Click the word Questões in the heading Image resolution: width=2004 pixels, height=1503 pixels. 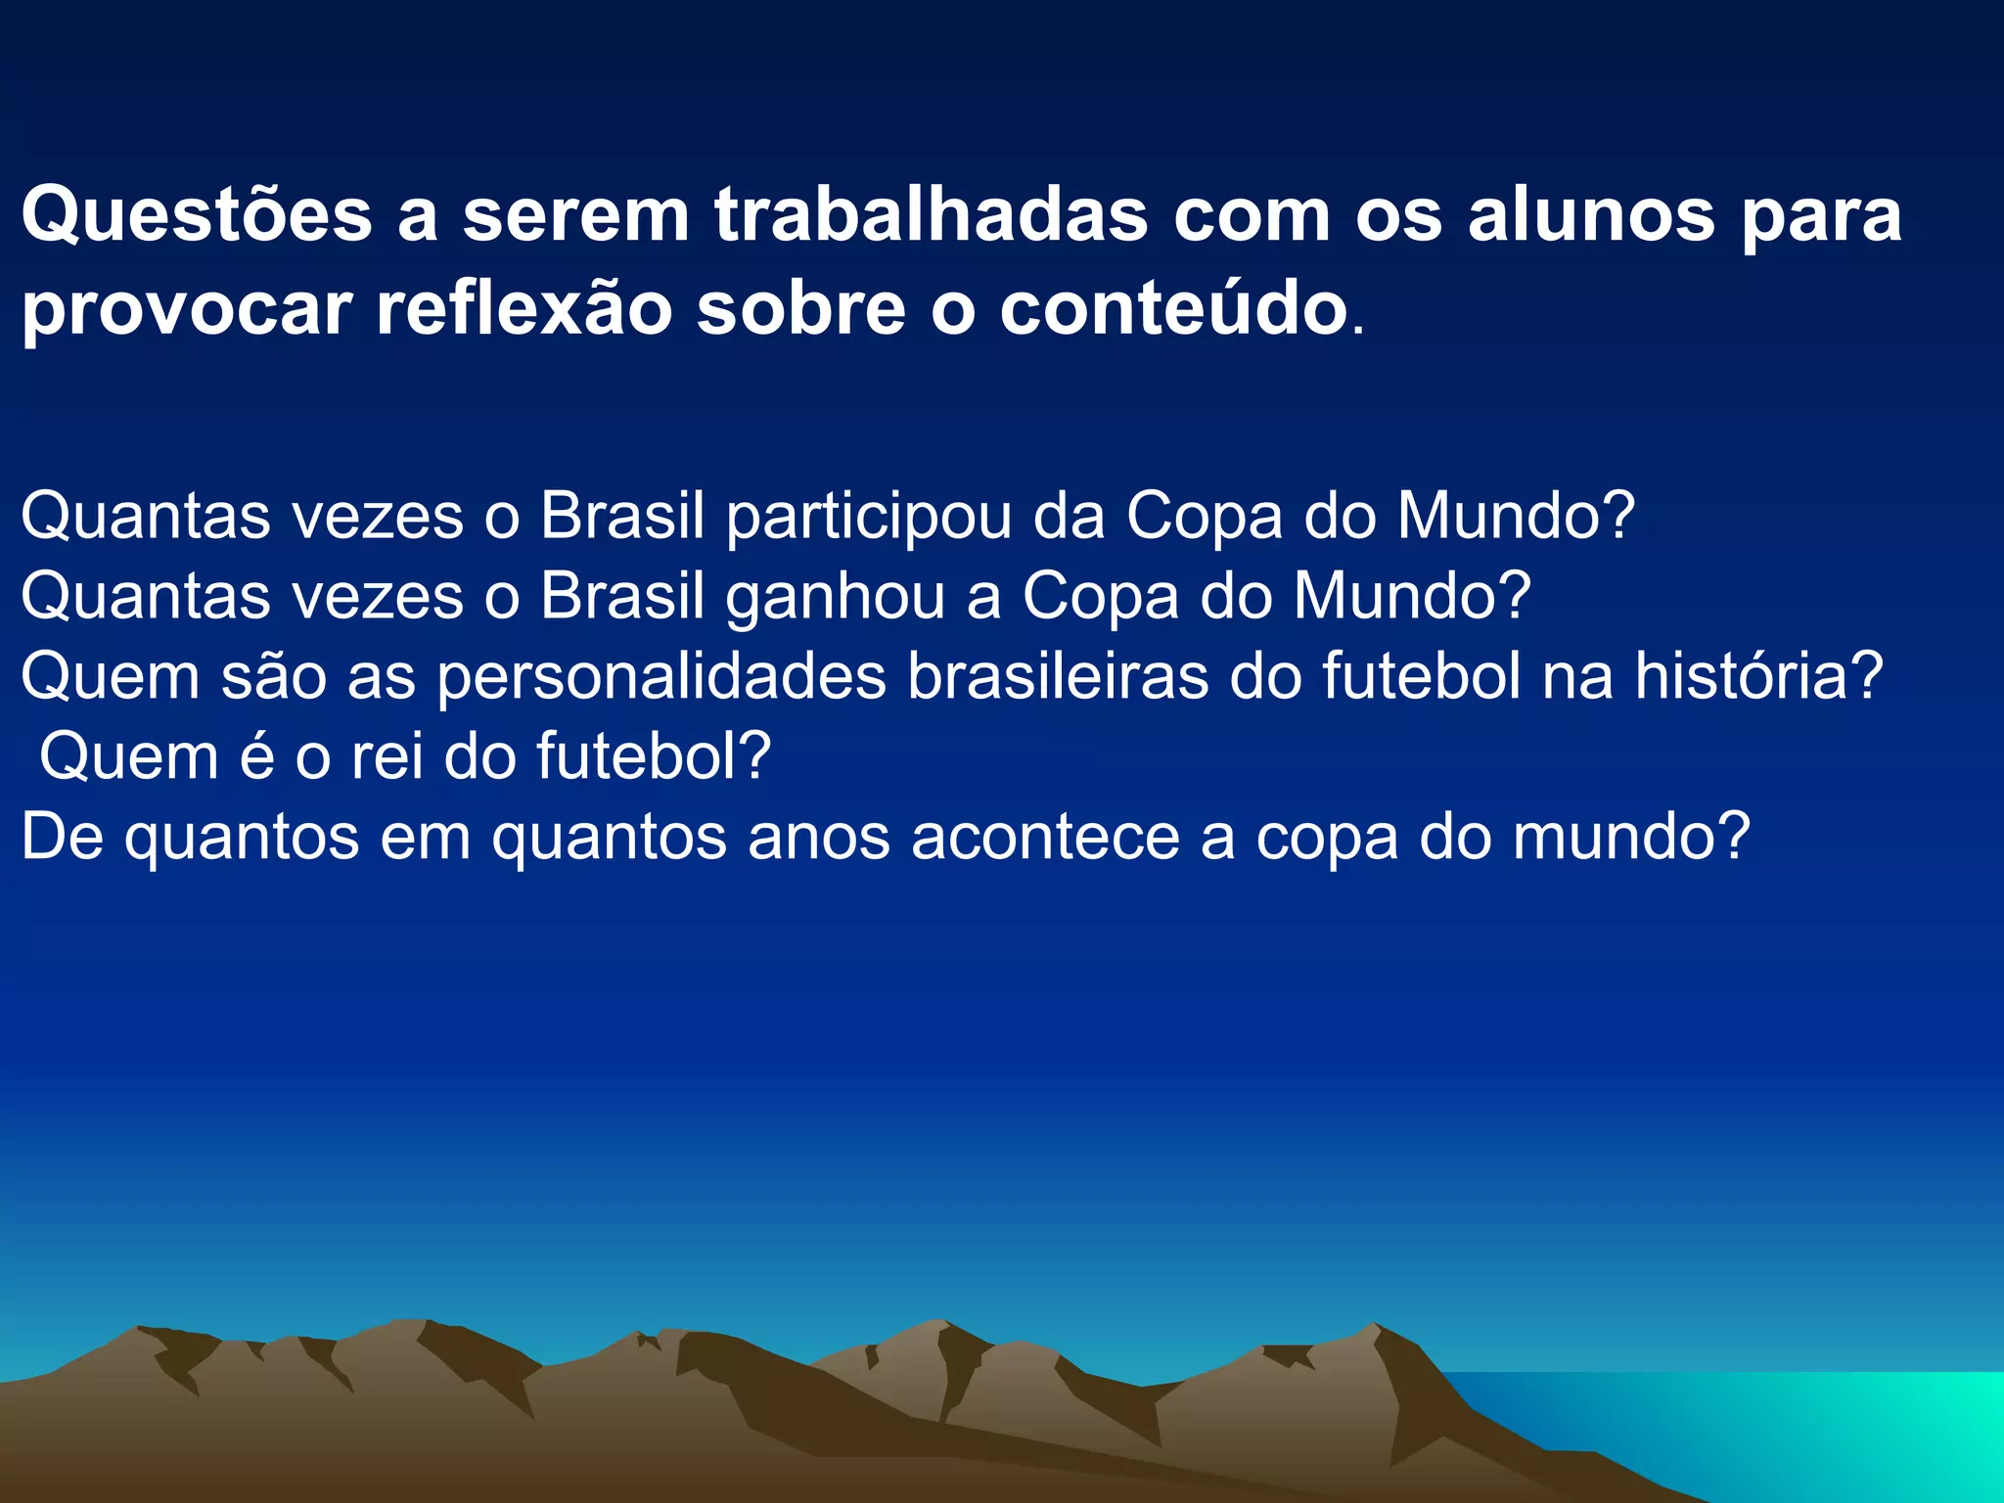click(x=197, y=215)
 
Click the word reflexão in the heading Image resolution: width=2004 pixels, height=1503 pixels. click(x=524, y=309)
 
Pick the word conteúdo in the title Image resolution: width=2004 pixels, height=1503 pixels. click(x=1173, y=309)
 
